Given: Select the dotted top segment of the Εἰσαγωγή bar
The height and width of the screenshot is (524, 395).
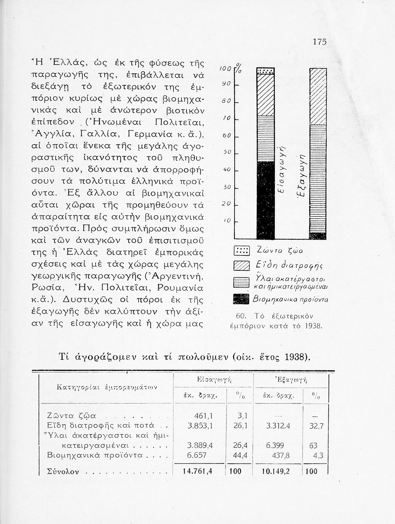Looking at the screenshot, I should click(x=266, y=71).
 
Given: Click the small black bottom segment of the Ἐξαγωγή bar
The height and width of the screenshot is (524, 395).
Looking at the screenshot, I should click(x=318, y=236).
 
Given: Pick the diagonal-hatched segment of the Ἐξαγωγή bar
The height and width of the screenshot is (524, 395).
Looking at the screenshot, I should click(x=318, y=96).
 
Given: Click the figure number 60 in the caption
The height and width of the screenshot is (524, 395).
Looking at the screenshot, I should click(x=239, y=316).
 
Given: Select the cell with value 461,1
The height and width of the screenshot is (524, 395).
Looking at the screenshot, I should click(x=203, y=416).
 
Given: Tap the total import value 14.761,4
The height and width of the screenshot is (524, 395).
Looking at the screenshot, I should click(x=197, y=471).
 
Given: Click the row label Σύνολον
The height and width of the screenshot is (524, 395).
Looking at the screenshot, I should click(x=62, y=472).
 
